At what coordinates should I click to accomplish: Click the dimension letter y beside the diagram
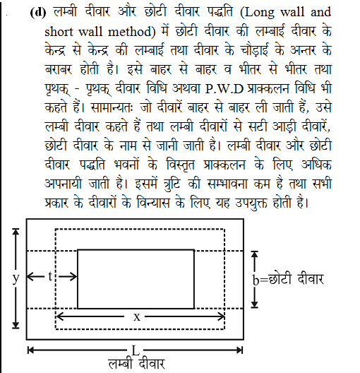[16, 278]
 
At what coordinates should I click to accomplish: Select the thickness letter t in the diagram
[51, 277]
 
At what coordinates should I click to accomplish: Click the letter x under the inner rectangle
[138, 317]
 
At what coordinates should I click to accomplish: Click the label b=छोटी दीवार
[288, 279]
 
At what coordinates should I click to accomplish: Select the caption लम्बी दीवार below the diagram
[136, 364]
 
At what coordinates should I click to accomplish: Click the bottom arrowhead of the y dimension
[16, 326]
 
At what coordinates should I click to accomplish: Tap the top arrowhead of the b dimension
[256, 255]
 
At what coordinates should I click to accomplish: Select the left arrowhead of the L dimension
[31, 350]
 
